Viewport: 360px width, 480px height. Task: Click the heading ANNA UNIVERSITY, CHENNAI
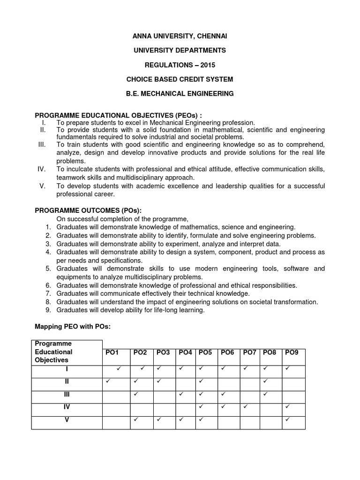click(x=180, y=36)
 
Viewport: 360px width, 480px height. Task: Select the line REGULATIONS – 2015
click(x=180, y=65)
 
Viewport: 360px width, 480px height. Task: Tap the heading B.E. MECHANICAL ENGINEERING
click(x=180, y=94)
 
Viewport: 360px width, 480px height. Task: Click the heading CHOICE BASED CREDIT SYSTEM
click(x=180, y=79)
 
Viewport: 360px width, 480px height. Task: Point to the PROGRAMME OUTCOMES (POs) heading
click(x=88, y=210)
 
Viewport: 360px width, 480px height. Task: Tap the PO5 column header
click(x=205, y=352)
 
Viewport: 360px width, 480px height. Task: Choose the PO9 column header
click(x=291, y=352)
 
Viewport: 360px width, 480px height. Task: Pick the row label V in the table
click(x=67, y=420)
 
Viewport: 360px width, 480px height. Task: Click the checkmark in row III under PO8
click(x=265, y=394)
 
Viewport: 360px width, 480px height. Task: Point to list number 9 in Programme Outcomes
click(x=48, y=310)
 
